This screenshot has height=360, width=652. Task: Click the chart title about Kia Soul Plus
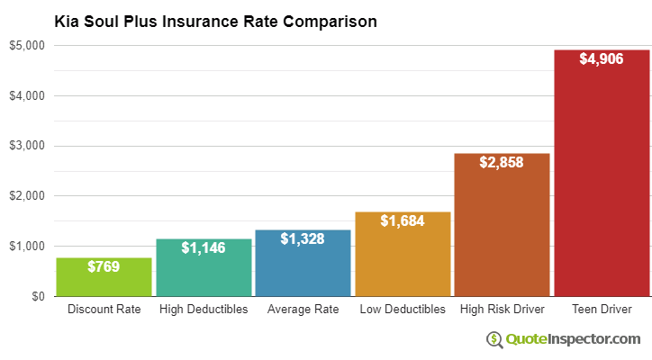(x=215, y=20)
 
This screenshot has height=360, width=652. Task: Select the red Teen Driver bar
(x=602, y=180)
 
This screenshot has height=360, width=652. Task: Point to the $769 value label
(x=104, y=266)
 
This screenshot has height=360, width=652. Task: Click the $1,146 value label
(x=204, y=247)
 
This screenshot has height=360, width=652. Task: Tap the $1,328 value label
(x=303, y=238)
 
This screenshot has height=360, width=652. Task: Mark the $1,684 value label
(x=403, y=220)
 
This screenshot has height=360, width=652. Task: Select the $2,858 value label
(x=502, y=162)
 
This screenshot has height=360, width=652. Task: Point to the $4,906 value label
(x=602, y=59)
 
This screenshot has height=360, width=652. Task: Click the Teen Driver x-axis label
(x=602, y=310)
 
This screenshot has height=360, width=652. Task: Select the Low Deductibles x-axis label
(x=403, y=310)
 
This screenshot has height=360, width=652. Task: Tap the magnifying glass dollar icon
(x=494, y=339)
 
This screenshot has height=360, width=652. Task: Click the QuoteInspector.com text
(x=573, y=338)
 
